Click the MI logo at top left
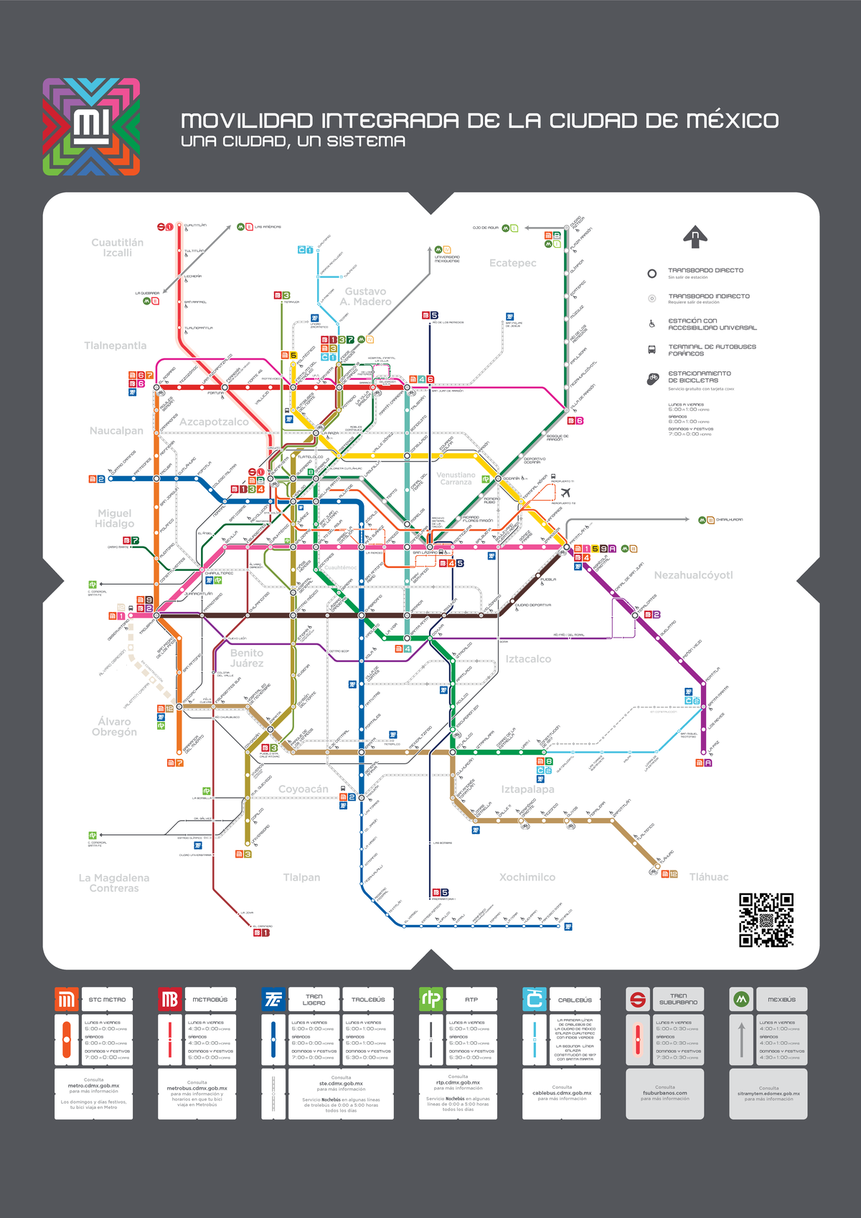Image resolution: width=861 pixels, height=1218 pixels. click(x=91, y=127)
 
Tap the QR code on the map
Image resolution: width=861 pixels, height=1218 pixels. click(x=766, y=920)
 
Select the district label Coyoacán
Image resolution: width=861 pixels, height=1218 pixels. click(x=303, y=789)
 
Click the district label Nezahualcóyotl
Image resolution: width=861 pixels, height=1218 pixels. click(x=693, y=575)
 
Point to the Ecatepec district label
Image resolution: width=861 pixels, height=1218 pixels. click(x=512, y=263)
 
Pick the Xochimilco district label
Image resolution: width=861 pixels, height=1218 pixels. click(x=527, y=877)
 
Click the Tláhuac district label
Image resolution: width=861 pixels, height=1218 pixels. click(x=708, y=877)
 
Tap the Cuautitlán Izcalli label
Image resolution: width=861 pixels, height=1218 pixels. click(x=117, y=248)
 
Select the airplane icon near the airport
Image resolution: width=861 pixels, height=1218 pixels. click(x=566, y=492)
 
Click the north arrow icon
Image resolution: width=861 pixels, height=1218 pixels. click(x=695, y=236)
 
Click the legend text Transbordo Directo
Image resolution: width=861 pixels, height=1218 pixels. click(x=705, y=271)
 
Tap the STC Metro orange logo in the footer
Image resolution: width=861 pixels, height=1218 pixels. click(x=67, y=1000)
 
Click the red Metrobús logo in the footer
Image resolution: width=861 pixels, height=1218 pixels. click(x=170, y=1000)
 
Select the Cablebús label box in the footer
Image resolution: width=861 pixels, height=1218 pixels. click(x=575, y=1000)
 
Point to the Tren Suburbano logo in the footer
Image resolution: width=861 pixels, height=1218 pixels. click(x=638, y=1000)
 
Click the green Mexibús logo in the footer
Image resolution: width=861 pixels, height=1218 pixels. click(x=741, y=1000)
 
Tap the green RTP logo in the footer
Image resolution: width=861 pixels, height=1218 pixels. click(x=431, y=1000)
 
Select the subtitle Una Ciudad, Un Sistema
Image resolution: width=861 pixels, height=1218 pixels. click(x=293, y=141)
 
